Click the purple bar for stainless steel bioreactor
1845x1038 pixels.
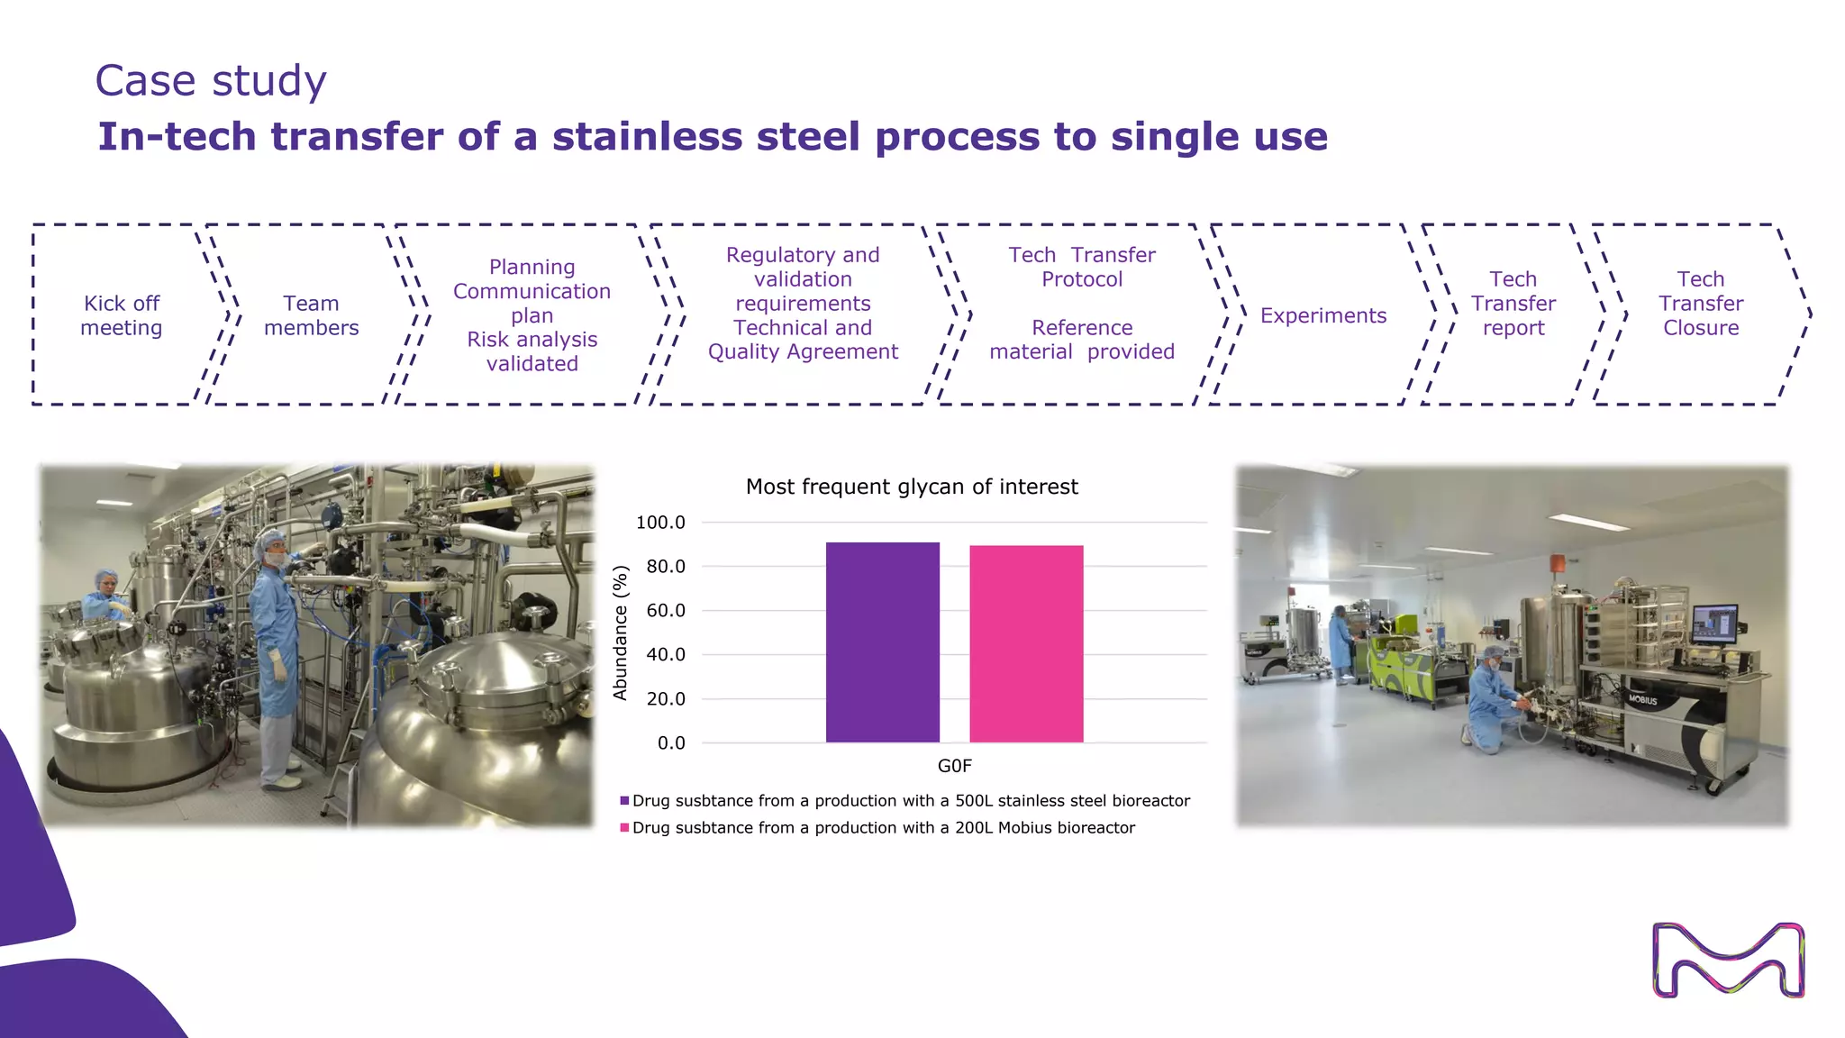coord(882,642)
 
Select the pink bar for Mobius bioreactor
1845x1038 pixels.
coord(1026,644)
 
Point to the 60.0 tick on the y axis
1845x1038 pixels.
coord(666,611)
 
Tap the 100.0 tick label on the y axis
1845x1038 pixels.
coord(660,523)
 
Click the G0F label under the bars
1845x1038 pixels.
coord(954,766)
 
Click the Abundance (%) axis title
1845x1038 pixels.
coord(620,633)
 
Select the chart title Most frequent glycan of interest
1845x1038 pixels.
coord(912,487)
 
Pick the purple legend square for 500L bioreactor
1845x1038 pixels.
coord(624,801)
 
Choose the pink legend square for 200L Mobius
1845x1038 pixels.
coord(624,828)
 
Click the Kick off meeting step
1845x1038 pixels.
coord(122,315)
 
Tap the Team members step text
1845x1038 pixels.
coord(311,315)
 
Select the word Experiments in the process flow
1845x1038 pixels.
coord(1322,315)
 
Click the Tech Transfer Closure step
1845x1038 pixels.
coord(1700,304)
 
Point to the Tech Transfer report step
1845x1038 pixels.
coord(1513,304)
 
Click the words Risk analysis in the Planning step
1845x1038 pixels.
coord(532,340)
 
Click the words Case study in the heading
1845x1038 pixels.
coord(211,81)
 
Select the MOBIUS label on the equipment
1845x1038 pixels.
coord(1641,699)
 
